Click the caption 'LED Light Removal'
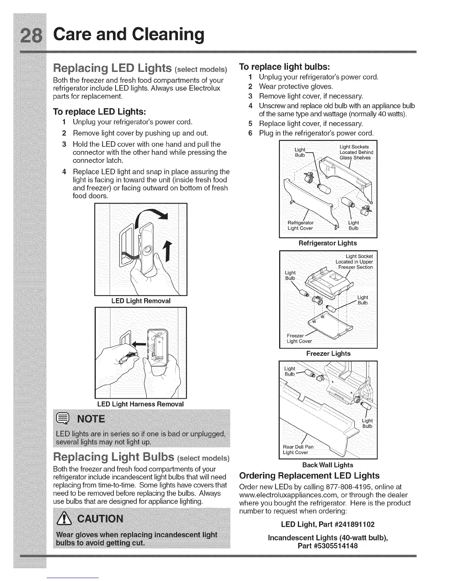tap(141, 301)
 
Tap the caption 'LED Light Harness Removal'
tap(140, 404)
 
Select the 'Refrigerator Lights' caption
tap(328, 243)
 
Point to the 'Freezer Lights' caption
tap(328, 354)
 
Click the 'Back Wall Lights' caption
tap(328, 465)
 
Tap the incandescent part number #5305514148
tap(328, 546)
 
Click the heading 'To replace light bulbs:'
tap(285, 67)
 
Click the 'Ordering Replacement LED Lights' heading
tap(309, 476)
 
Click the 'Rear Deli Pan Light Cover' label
tap(298, 449)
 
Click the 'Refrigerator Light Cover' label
tap(301, 225)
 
